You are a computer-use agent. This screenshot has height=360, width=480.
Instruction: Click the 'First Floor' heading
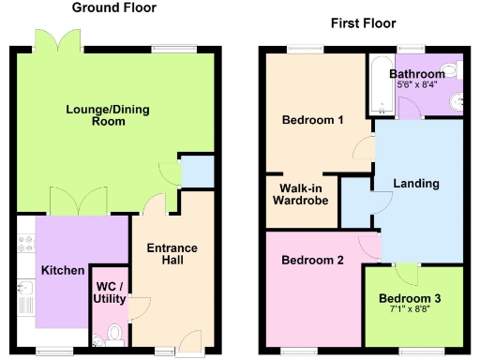[x=364, y=23]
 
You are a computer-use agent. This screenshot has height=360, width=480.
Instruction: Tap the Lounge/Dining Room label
[x=108, y=116]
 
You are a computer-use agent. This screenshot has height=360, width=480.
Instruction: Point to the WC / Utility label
[x=111, y=291]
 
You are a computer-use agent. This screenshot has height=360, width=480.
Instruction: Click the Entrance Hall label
[x=172, y=255]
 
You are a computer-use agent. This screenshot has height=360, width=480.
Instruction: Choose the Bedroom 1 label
[x=312, y=120]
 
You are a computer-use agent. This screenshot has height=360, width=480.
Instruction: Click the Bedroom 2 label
[x=312, y=260]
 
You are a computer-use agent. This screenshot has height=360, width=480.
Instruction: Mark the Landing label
[x=416, y=184]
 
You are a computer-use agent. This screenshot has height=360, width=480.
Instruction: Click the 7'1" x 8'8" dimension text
[x=416, y=308]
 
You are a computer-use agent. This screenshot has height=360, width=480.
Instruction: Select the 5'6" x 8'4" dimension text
[x=416, y=85]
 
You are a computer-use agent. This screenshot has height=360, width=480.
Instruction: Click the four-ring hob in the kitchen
[x=25, y=245]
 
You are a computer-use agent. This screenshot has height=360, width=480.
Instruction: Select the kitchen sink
[x=25, y=298]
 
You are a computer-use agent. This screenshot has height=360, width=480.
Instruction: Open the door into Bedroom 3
[x=406, y=275]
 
